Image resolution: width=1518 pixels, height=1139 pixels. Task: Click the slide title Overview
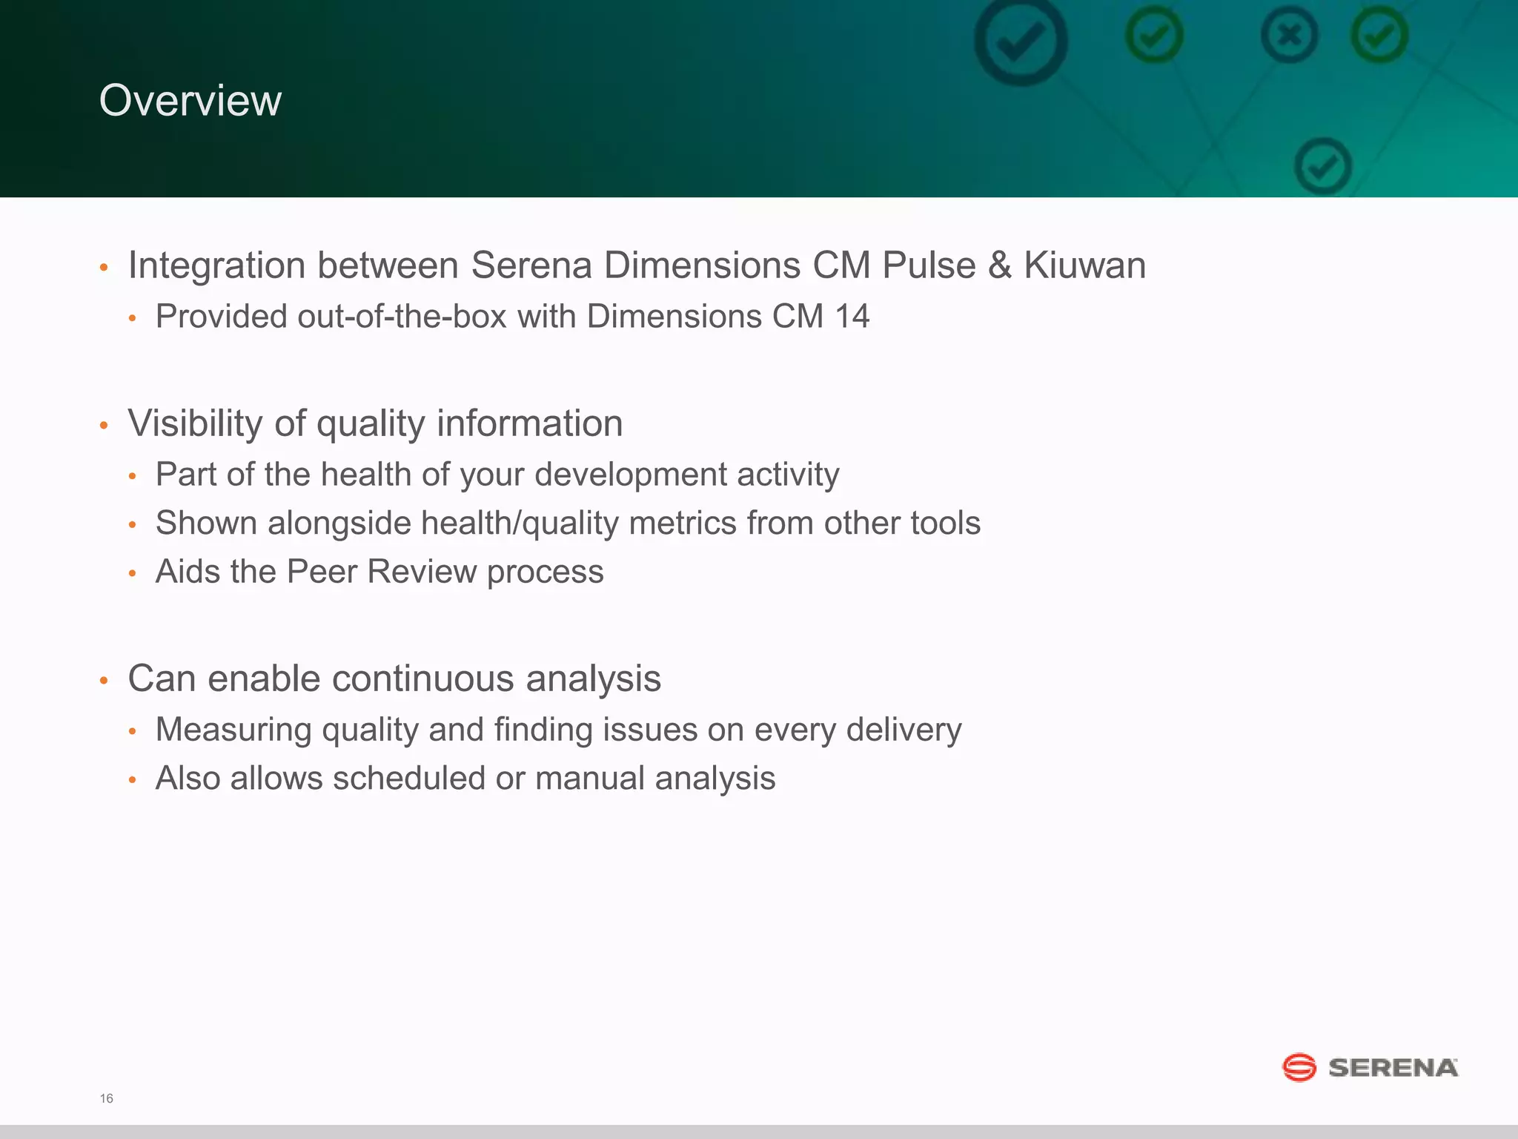tap(190, 100)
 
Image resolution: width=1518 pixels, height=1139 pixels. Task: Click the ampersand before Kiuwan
tap(1000, 265)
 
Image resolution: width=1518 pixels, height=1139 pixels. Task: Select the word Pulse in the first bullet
tap(929, 265)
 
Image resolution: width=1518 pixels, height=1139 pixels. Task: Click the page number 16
tap(106, 1098)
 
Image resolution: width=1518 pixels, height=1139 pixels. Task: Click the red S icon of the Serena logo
tap(1299, 1068)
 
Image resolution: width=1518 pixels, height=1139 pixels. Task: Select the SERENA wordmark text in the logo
tap(1393, 1068)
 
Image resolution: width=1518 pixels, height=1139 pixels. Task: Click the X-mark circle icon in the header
tap(1289, 35)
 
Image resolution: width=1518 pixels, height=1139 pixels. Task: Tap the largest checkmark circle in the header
tap(1021, 41)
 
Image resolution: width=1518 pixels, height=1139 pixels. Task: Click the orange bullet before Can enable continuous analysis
tap(105, 680)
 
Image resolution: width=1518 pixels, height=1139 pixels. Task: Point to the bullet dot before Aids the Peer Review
tap(133, 573)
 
